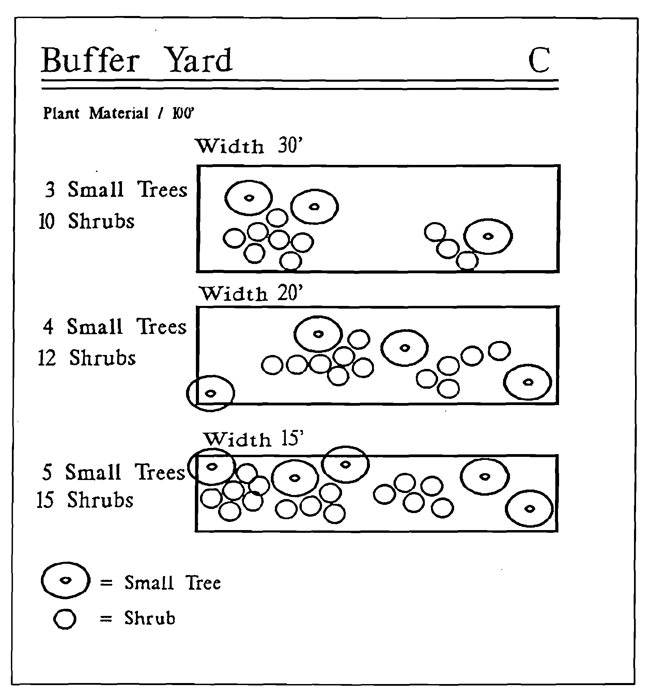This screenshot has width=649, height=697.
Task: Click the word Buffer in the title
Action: [91, 60]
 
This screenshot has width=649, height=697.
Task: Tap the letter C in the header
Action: [539, 60]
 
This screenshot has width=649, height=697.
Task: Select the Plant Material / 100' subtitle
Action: [118, 113]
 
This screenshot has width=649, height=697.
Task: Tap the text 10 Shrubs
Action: [87, 221]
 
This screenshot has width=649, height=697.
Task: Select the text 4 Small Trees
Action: [115, 327]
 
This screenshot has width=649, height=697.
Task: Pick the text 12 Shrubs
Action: [87, 358]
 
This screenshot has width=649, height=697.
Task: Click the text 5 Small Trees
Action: [113, 472]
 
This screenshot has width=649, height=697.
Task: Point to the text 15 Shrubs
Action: [85, 500]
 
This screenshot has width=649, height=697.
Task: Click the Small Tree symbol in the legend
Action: [65, 580]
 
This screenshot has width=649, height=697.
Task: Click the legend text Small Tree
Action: [172, 583]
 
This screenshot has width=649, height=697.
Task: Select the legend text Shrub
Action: [149, 618]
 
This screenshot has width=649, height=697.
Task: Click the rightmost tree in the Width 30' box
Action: [488, 236]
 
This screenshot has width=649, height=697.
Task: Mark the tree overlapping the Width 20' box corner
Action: [211, 393]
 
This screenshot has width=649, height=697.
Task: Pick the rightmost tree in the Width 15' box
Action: [529, 508]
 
